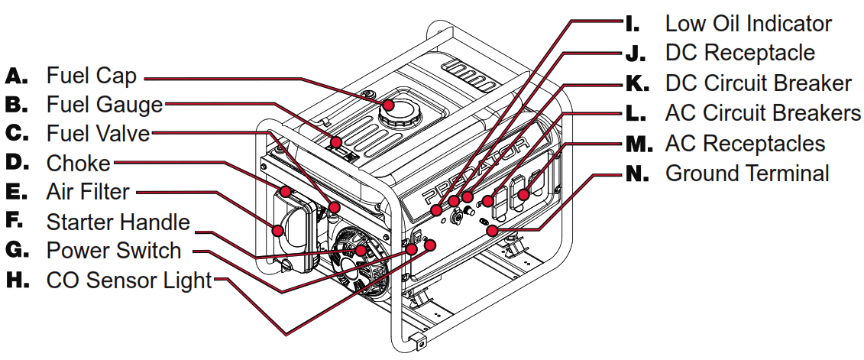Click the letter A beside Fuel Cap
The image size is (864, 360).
click(17, 76)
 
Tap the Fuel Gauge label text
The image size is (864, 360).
click(104, 104)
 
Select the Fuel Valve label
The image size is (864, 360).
click(98, 133)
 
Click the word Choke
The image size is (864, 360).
click(78, 163)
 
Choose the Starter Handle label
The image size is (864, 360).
click(118, 222)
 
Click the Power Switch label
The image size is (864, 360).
click(114, 251)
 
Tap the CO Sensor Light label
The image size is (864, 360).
click(128, 281)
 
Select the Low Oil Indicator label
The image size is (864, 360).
click(748, 24)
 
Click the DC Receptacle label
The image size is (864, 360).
click(739, 53)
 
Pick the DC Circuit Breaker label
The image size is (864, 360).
click(758, 83)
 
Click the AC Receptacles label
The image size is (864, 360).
click(745, 143)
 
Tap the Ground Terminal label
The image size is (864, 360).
click(747, 174)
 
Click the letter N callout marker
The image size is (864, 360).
click(636, 174)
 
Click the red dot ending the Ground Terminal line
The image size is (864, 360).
click(493, 229)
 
